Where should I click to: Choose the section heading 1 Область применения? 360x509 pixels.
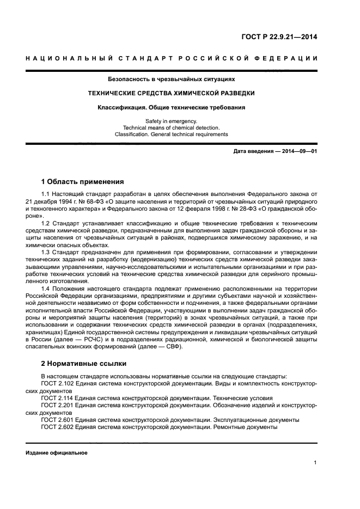coord(83,181)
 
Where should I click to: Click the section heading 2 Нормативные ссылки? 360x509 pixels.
coord(84,363)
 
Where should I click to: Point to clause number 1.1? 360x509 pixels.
coord(46,194)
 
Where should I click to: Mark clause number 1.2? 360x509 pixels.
coord(46,224)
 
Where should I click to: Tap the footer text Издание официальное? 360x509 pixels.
coord(56,453)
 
